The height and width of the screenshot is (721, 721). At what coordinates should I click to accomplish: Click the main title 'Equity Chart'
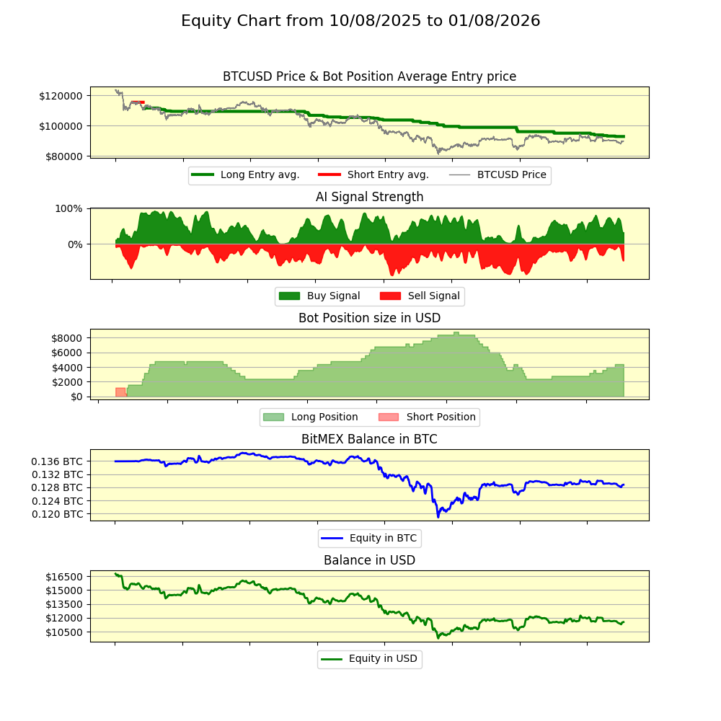(x=360, y=21)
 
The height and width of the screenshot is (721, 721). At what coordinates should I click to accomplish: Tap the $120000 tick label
(x=61, y=96)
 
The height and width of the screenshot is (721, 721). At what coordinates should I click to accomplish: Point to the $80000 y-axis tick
(x=64, y=156)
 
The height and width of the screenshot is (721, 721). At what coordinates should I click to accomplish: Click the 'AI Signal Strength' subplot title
(x=369, y=197)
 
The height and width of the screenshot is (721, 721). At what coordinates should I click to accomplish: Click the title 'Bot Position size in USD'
(x=369, y=318)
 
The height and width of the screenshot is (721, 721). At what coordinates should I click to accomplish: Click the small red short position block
(x=120, y=392)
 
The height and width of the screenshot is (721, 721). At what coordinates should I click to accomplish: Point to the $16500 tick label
(x=63, y=577)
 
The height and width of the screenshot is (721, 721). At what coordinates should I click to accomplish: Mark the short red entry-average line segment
(x=137, y=102)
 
